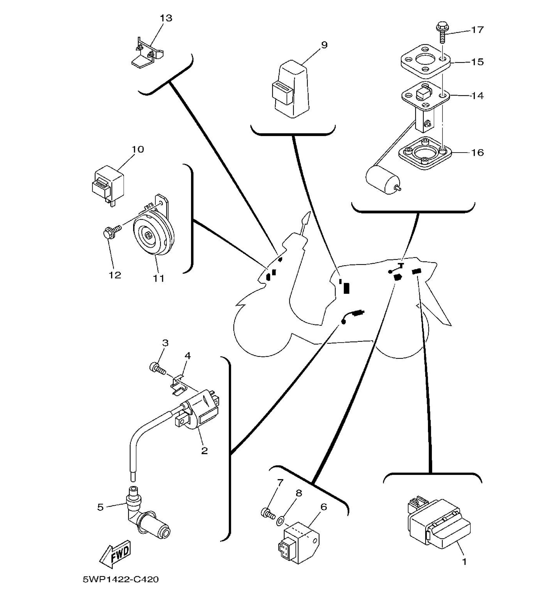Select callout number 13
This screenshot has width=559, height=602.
click(166, 18)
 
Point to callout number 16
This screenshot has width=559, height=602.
click(477, 152)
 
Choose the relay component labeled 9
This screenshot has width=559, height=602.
click(292, 90)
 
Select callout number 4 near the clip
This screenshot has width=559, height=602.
click(187, 356)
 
